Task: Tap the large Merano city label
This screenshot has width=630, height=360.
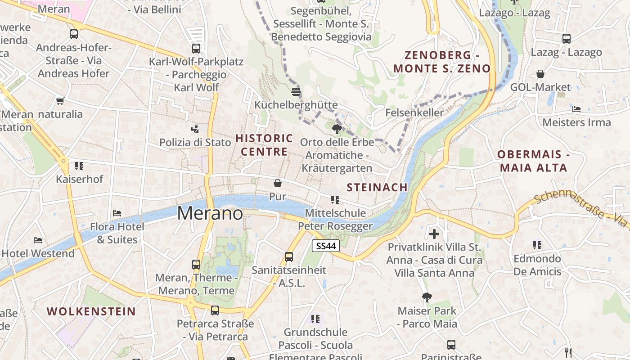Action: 210,213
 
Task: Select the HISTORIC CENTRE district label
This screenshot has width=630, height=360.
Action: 264,145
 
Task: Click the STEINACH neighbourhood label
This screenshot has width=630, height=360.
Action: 377,187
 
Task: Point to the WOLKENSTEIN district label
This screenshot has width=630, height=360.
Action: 91,311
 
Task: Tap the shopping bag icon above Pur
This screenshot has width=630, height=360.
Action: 278,183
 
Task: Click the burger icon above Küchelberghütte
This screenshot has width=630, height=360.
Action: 296,92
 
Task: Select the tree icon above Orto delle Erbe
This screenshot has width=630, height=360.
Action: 337,130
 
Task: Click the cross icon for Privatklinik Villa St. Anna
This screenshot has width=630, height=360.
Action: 434,234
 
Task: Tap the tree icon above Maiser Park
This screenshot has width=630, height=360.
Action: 427,297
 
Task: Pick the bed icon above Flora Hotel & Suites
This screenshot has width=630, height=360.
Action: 117,213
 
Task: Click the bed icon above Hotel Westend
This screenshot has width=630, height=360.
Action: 38,240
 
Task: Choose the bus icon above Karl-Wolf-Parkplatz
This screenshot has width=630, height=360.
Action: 196,49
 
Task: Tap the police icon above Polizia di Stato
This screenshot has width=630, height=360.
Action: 195,130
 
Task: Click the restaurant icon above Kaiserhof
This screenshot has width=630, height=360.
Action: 79,166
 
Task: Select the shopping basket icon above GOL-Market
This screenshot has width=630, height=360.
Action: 540,74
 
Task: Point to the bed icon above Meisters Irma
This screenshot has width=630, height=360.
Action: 576,109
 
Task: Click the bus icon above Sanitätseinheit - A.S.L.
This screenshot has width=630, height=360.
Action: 289,257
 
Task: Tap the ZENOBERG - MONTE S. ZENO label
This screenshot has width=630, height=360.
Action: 442,62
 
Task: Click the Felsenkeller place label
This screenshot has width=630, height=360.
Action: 414,112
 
